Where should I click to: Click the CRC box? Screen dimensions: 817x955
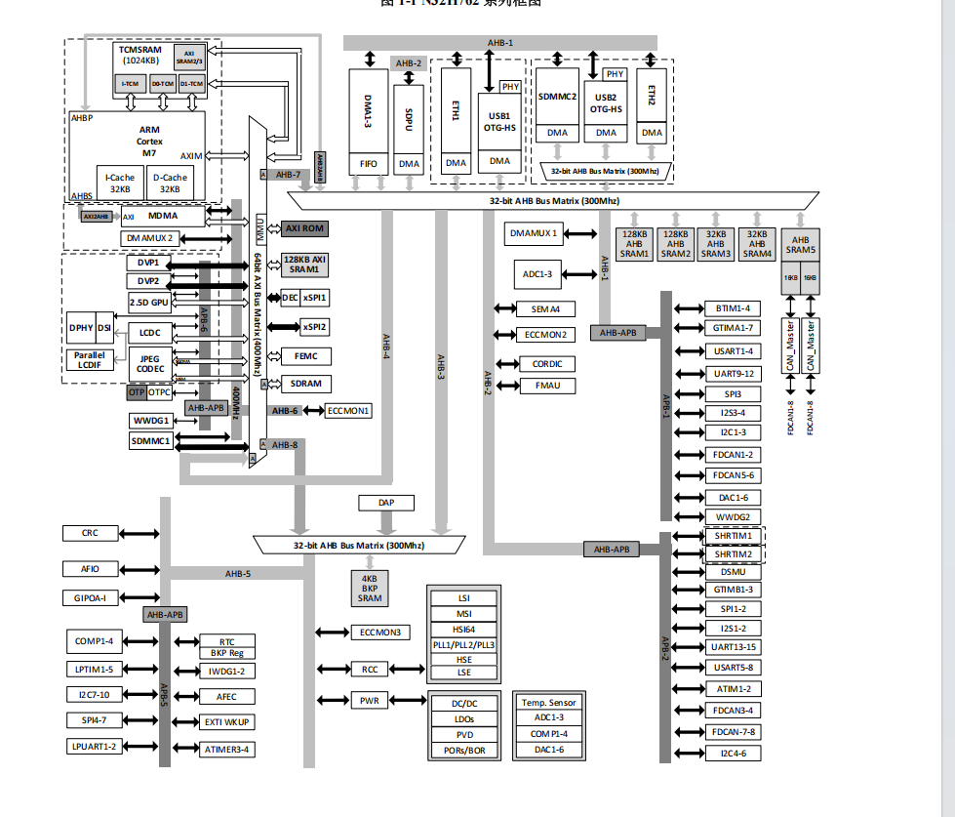point(91,533)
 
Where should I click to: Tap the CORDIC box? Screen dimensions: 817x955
point(547,364)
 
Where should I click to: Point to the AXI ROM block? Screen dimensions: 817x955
point(304,228)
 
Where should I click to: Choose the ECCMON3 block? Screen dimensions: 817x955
point(379,633)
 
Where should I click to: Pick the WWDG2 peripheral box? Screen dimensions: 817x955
point(733,516)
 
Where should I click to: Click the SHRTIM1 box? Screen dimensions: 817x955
point(733,536)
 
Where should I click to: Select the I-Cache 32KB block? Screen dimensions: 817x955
point(120,184)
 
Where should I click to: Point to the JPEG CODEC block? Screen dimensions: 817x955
point(150,363)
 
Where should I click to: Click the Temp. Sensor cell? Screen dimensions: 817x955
point(549,703)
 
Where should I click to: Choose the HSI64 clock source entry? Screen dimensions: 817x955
point(464,630)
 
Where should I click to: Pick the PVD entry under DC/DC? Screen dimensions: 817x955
point(464,735)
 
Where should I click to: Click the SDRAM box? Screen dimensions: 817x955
point(305,384)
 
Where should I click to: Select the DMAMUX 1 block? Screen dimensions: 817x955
point(534,233)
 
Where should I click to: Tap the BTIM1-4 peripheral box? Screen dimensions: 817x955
point(732,308)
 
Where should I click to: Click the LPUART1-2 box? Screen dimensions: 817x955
point(94,747)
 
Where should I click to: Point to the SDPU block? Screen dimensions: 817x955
point(409,118)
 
